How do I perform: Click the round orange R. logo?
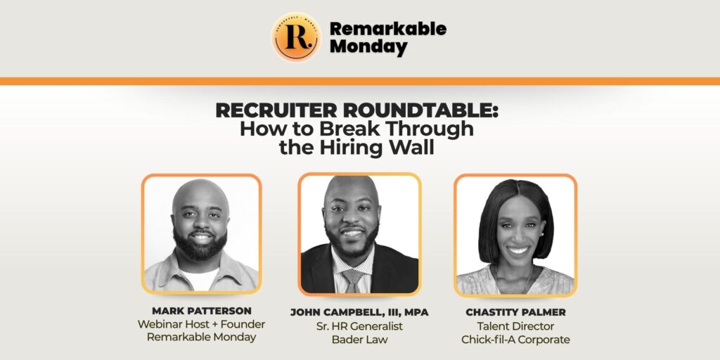pyautogui.click(x=296, y=37)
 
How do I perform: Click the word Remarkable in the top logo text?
pyautogui.click(x=388, y=28)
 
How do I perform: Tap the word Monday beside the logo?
pyautogui.click(x=368, y=47)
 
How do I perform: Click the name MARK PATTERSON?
pyautogui.click(x=202, y=311)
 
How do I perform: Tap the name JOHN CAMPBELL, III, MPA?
pyautogui.click(x=359, y=313)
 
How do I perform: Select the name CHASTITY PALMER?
pyautogui.click(x=515, y=313)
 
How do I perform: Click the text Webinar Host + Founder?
pyautogui.click(x=202, y=324)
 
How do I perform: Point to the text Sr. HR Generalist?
pyautogui.click(x=359, y=326)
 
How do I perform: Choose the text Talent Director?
pyautogui.click(x=515, y=326)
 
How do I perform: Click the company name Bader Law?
pyautogui.click(x=359, y=340)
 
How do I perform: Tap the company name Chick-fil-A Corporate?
pyautogui.click(x=515, y=340)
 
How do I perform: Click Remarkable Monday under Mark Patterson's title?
pyautogui.click(x=202, y=337)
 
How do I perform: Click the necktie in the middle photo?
pyautogui.click(x=353, y=281)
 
